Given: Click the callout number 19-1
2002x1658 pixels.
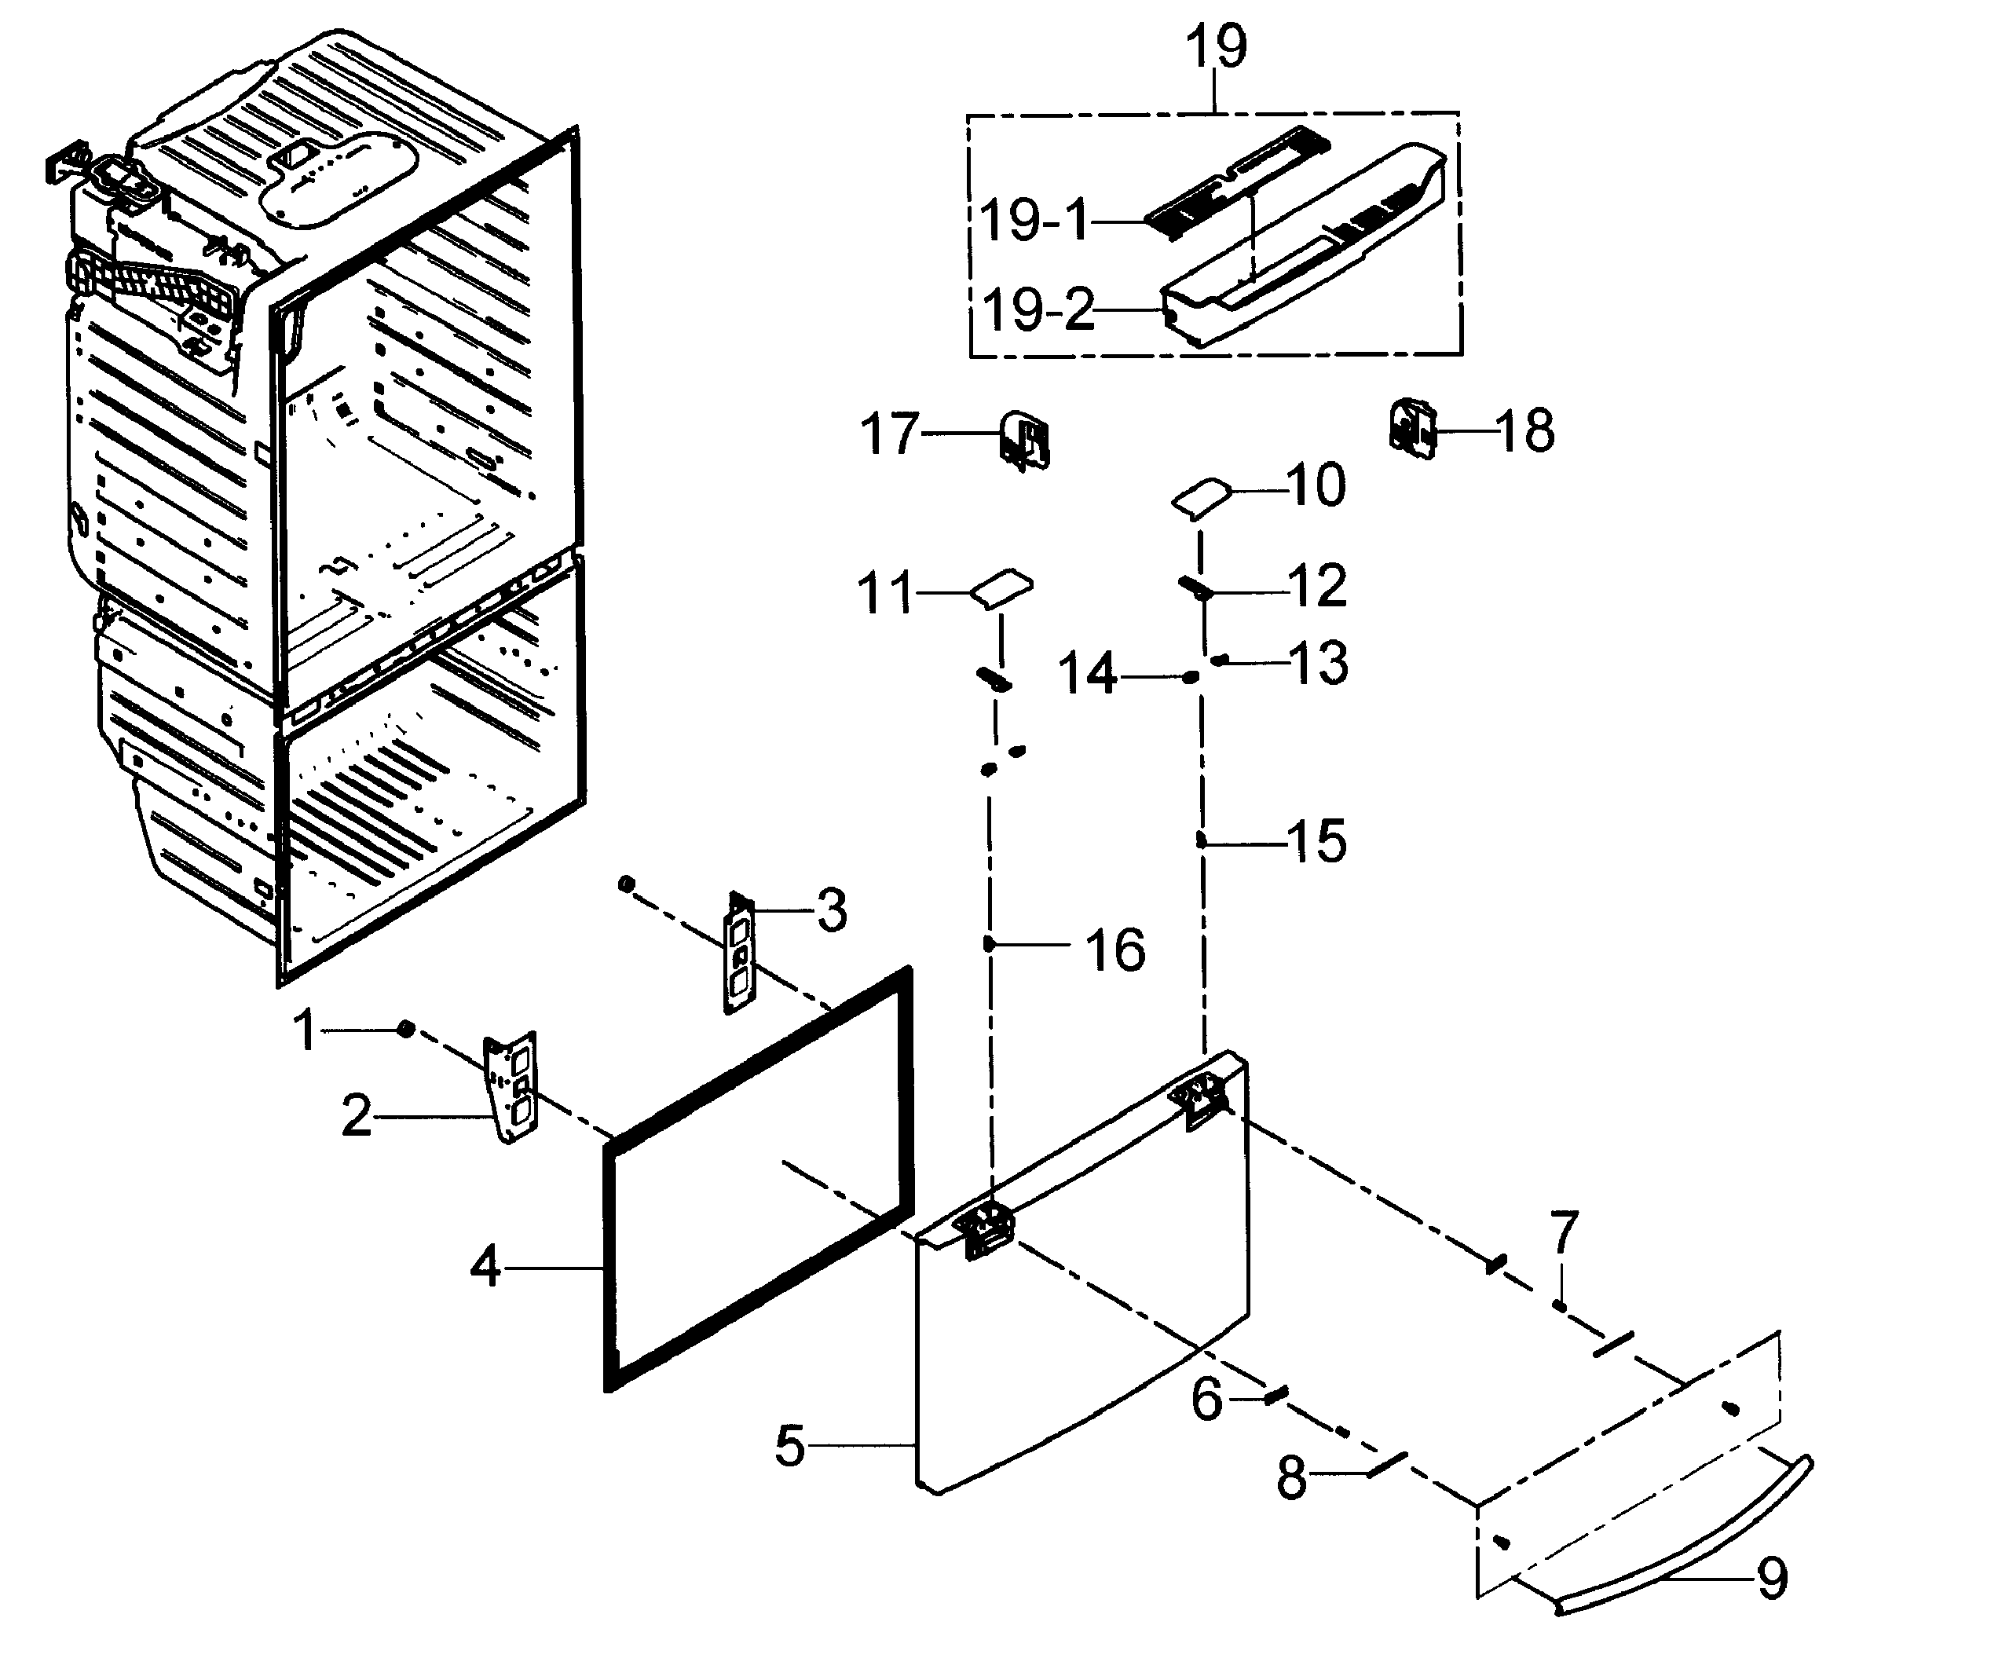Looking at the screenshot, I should click(x=1034, y=221).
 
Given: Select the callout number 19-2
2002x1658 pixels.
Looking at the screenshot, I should click(x=1038, y=311).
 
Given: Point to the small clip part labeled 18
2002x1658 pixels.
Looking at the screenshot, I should click(x=1413, y=429).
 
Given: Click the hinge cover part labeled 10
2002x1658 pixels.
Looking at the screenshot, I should click(x=1199, y=498).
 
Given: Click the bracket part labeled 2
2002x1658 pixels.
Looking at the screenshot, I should click(x=512, y=1088).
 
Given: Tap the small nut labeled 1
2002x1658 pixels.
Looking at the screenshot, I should click(x=405, y=1029).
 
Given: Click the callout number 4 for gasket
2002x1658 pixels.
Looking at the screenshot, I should click(x=485, y=1268).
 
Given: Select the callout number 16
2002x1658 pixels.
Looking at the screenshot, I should click(x=1115, y=950).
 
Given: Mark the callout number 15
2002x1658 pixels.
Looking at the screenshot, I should click(x=1316, y=841).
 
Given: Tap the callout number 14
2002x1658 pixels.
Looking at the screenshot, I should click(x=1088, y=675).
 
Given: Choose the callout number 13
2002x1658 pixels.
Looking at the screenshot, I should click(x=1319, y=663).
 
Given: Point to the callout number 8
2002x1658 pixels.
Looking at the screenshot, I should click(x=1292, y=1479).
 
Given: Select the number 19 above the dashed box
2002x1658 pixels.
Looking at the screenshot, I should click(x=1217, y=48).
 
